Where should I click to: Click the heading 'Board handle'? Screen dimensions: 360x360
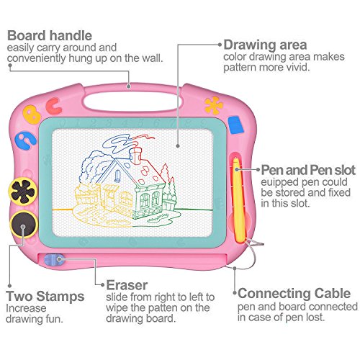(x=50, y=35)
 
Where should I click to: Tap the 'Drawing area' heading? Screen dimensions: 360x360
(x=265, y=45)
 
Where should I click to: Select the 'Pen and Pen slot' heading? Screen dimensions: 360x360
(x=308, y=170)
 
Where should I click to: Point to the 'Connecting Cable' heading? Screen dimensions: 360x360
(x=294, y=293)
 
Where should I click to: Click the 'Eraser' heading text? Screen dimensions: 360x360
(x=127, y=285)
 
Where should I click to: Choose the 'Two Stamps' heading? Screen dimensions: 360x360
(x=45, y=296)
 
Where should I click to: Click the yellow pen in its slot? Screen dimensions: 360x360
(x=238, y=199)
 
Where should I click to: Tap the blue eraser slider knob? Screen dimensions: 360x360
(x=54, y=260)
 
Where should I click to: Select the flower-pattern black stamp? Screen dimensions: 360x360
(x=23, y=192)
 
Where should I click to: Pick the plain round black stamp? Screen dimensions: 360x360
(x=24, y=225)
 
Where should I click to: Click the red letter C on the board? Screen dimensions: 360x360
(x=54, y=106)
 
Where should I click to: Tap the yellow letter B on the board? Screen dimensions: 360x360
(x=32, y=114)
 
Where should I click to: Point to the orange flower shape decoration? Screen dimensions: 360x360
(x=213, y=105)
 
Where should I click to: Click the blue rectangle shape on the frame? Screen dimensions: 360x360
(x=236, y=125)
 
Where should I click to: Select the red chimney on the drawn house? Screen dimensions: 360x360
(x=135, y=156)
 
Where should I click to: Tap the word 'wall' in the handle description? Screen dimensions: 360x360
(x=151, y=58)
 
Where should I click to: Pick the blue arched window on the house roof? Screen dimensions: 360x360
(x=117, y=176)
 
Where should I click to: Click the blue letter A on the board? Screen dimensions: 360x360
(x=26, y=141)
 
